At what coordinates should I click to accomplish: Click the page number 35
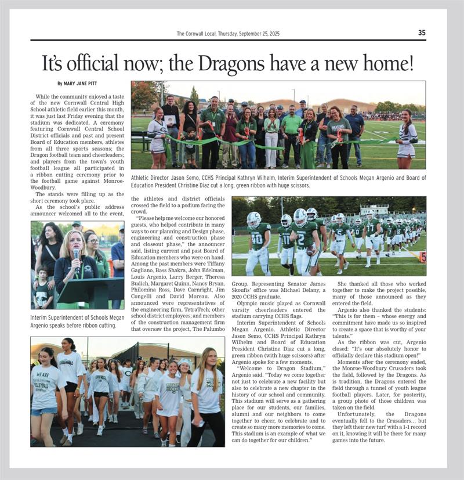click(x=422, y=33)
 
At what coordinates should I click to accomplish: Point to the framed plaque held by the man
click(x=170, y=119)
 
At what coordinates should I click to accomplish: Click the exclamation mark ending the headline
click(x=411, y=62)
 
